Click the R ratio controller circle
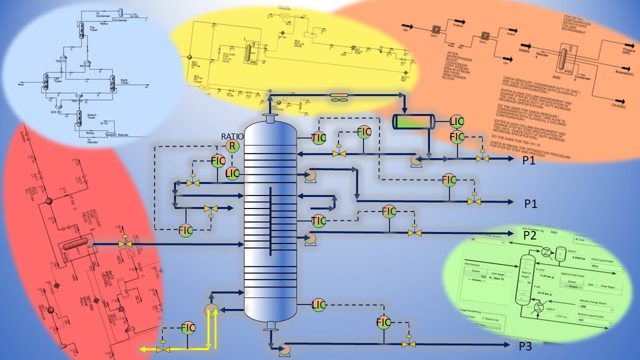click(x=231, y=146)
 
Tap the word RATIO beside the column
click(x=232, y=136)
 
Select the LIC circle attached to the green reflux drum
click(x=457, y=120)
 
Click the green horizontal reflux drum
click(x=413, y=121)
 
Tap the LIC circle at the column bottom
click(x=319, y=305)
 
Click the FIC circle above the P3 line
click(x=383, y=322)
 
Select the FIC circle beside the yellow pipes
click(x=188, y=328)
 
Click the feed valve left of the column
click(x=124, y=243)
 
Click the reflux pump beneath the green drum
click(x=415, y=159)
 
